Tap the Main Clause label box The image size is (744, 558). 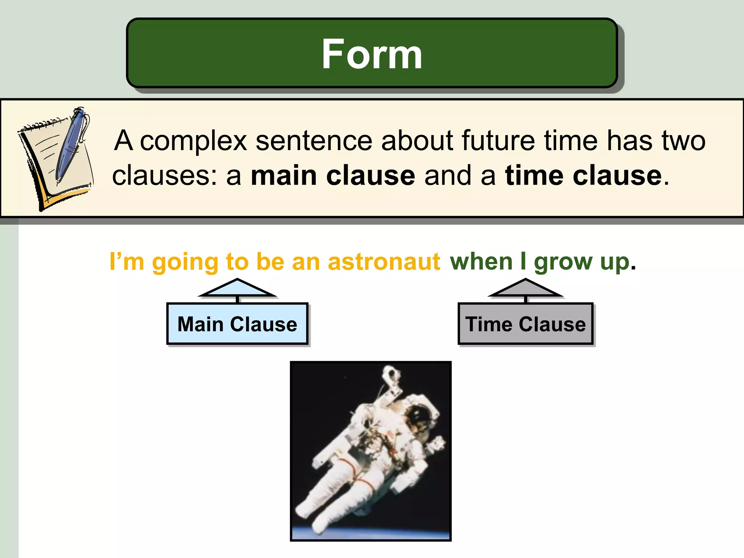coord(237,324)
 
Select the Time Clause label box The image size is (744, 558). coord(525,324)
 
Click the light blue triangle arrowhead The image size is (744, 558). coord(237,289)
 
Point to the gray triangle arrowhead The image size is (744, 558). coord(525,289)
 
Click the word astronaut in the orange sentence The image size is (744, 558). coord(384,262)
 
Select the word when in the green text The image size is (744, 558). coord(481,262)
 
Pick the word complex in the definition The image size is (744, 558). coord(193,141)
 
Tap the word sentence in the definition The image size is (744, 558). coord(314,141)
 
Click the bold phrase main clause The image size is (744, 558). coord(333,175)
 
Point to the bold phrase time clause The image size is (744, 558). coord(583,175)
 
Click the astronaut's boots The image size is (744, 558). coord(309,516)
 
